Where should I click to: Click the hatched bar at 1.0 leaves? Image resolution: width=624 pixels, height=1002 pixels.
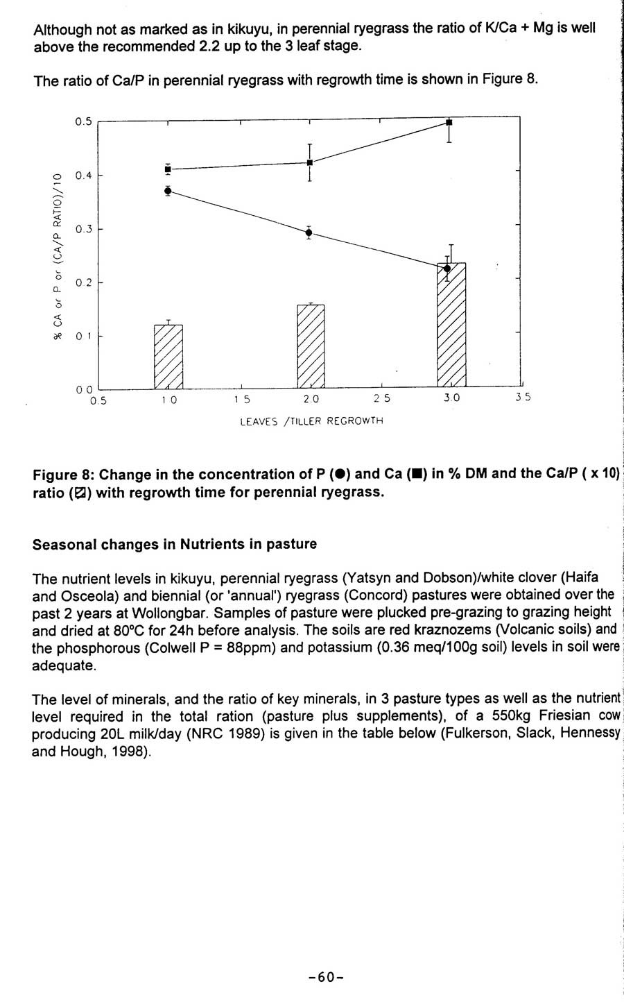[x=168, y=357]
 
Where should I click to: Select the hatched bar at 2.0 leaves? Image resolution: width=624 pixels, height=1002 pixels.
[x=311, y=346]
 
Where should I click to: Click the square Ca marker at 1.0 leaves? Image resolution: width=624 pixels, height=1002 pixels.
[x=168, y=169]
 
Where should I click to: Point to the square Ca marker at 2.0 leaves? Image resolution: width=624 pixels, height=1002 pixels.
[x=309, y=162]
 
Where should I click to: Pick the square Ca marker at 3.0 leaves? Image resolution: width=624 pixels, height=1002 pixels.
[x=449, y=122]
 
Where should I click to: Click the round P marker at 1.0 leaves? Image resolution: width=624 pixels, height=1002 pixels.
[x=168, y=190]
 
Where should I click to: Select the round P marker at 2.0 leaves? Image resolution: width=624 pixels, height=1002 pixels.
[x=309, y=232]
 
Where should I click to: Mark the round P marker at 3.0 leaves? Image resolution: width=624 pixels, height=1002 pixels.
[x=447, y=269]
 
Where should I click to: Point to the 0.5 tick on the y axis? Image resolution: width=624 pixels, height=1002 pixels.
[x=83, y=121]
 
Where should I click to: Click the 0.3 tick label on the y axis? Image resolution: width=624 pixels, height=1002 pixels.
[x=83, y=229]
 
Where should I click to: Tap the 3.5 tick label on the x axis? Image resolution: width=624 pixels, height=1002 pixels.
[x=522, y=398]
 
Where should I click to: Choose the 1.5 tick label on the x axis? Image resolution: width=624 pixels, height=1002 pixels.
[x=242, y=399]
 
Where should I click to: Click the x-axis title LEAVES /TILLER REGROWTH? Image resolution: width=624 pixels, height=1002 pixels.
[x=311, y=421]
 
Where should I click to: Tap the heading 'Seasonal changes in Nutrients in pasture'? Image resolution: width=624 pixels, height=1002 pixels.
[x=175, y=544]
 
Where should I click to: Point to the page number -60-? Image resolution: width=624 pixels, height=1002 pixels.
[x=326, y=977]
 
